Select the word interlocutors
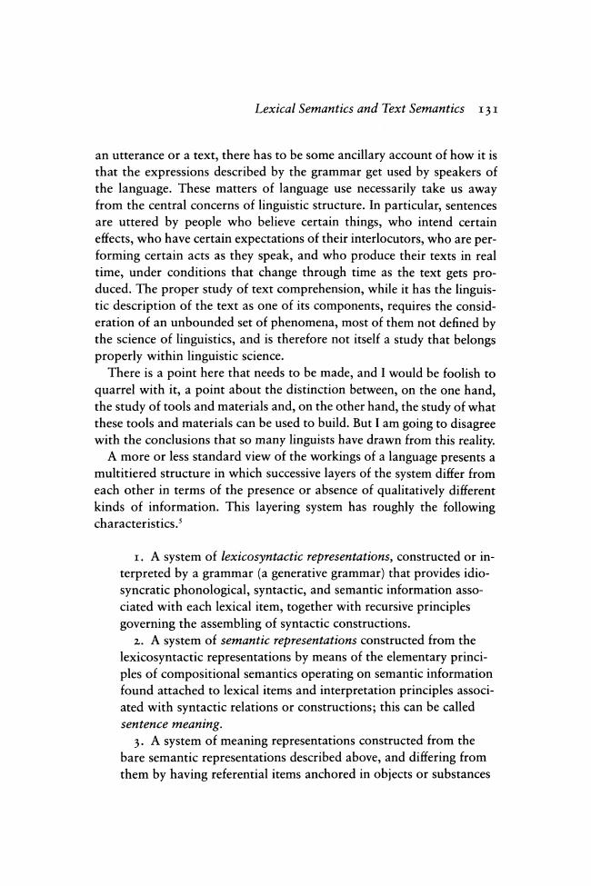(413, 228)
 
